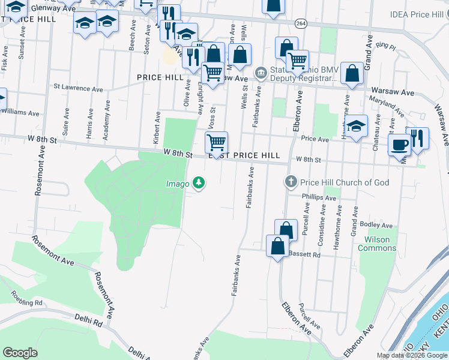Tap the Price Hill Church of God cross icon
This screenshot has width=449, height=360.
click(x=291, y=182)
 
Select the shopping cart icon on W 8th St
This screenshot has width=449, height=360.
click(x=215, y=143)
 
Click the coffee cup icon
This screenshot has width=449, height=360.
click(x=399, y=144)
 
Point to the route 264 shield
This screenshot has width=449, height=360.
click(x=301, y=23)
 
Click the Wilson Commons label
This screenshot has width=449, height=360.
click(x=377, y=244)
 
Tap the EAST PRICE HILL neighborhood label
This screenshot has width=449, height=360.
click(x=244, y=155)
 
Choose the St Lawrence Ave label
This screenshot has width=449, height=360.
click(x=78, y=88)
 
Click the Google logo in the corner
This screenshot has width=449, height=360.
click(x=20, y=353)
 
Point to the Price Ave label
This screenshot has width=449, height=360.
click(x=315, y=139)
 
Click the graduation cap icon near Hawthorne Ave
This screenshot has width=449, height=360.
click(x=356, y=127)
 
